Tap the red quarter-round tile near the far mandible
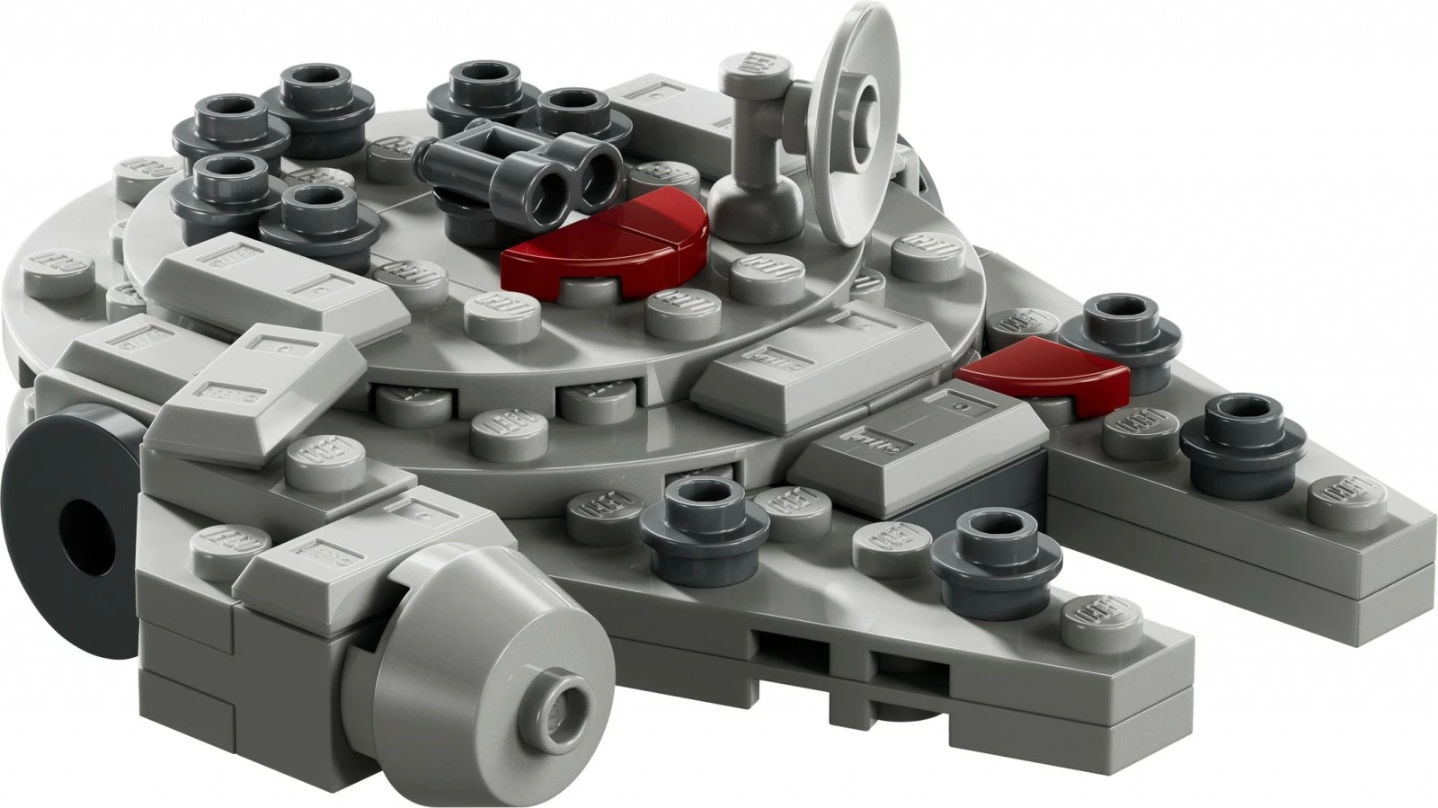click(1047, 371)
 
